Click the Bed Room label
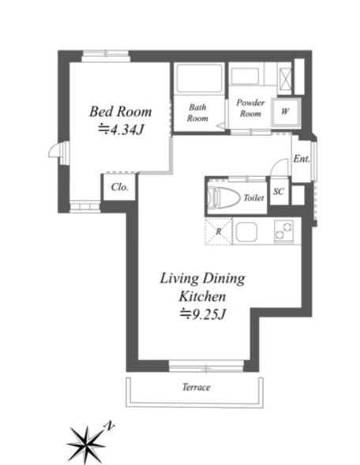(121, 112)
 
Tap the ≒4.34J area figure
(122, 129)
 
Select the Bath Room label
(197, 113)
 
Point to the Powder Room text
(250, 108)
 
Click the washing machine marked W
(286, 112)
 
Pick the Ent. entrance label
(302, 159)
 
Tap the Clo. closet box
(119, 187)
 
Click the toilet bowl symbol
(223, 196)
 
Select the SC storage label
(279, 192)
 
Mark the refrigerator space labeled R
(219, 231)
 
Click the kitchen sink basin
(247, 231)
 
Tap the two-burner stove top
(283, 231)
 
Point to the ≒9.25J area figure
(203, 314)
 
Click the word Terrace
(197, 387)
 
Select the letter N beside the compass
(109, 426)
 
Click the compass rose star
(86, 444)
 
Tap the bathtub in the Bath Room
(199, 78)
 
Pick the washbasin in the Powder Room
(245, 77)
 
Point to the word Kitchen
(203, 296)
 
